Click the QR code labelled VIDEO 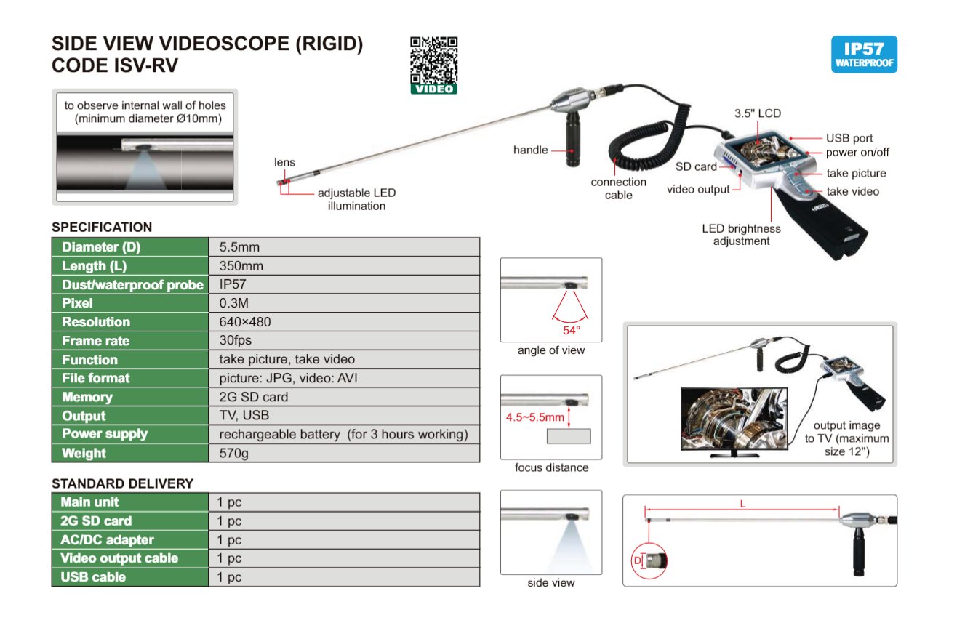[x=434, y=65]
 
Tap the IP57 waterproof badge [x=864, y=55]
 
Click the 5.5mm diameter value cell [x=239, y=247]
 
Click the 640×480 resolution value [x=245, y=322]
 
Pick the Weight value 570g [x=234, y=453]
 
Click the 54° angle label [x=572, y=331]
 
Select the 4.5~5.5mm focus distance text [x=535, y=417]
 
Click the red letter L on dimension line [x=742, y=503]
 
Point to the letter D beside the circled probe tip [x=638, y=560]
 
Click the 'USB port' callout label [x=849, y=138]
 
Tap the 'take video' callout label [x=852, y=191]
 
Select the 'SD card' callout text [x=696, y=166]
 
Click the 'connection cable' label [x=618, y=188]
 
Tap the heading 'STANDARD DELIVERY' [x=122, y=483]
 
